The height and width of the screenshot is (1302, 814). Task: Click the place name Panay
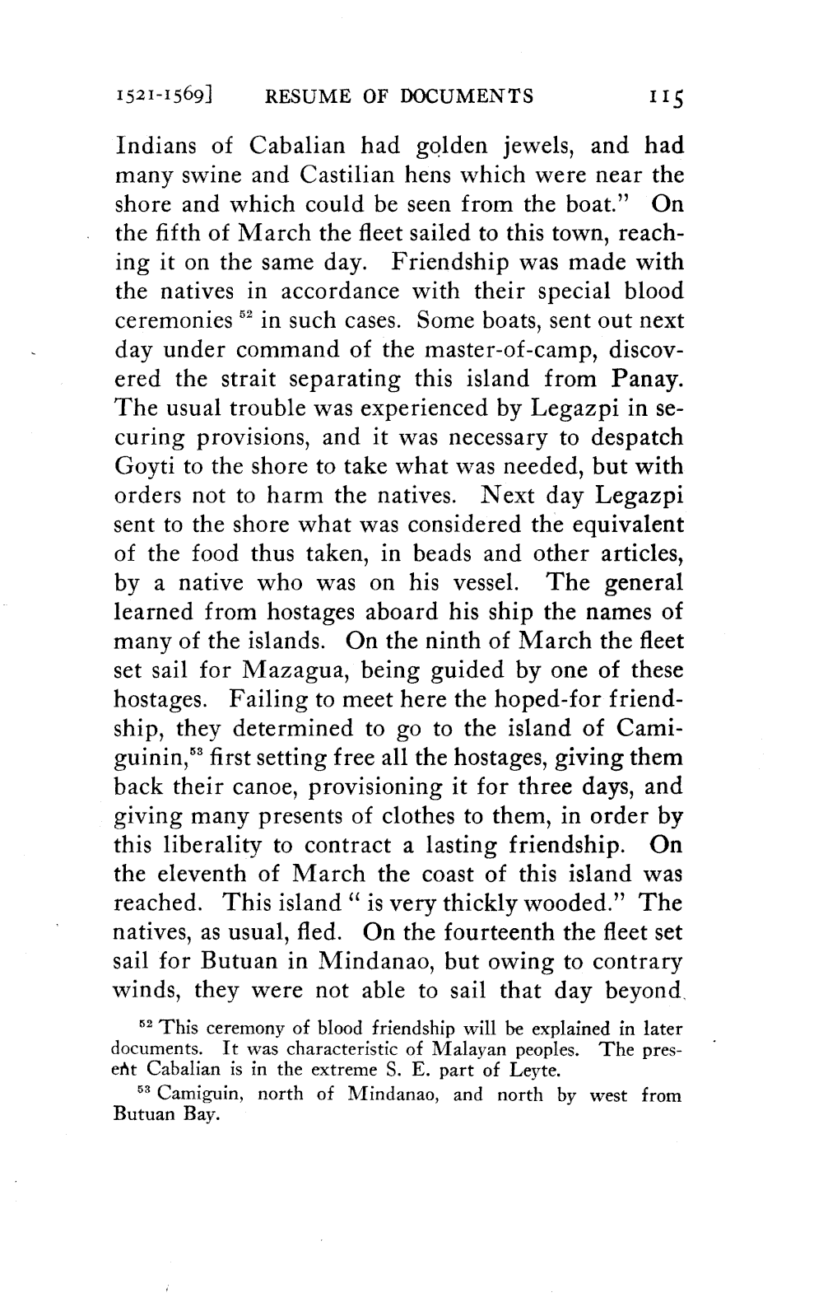647,380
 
